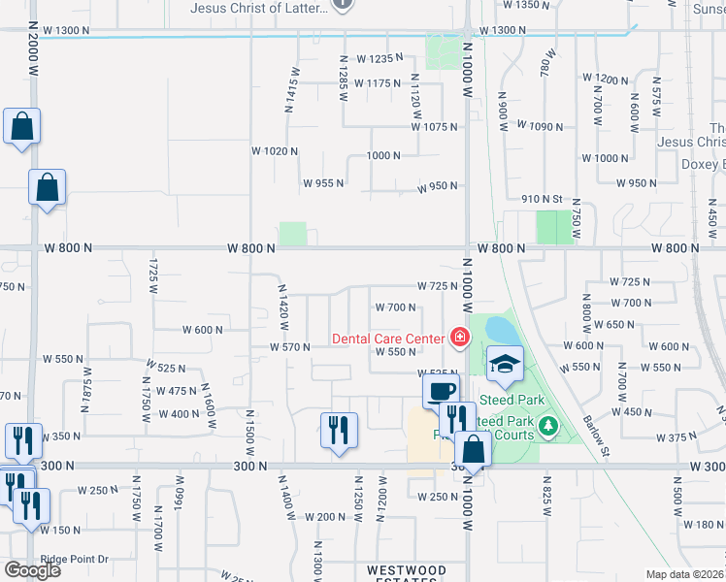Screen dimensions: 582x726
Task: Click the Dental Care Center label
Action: [388, 339]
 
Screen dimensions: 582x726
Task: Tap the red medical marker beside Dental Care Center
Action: [459, 339]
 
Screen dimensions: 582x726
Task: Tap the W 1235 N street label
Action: [371, 59]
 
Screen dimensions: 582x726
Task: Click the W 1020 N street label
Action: [274, 151]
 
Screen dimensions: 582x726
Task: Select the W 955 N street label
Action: [323, 183]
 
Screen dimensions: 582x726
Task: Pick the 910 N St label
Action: [541, 199]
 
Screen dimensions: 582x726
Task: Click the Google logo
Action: [32, 570]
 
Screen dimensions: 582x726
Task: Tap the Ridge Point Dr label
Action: [74, 560]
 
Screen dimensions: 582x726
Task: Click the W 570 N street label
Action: [289, 347]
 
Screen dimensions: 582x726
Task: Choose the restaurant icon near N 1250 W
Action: [339, 430]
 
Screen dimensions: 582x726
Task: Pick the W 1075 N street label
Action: [434, 127]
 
